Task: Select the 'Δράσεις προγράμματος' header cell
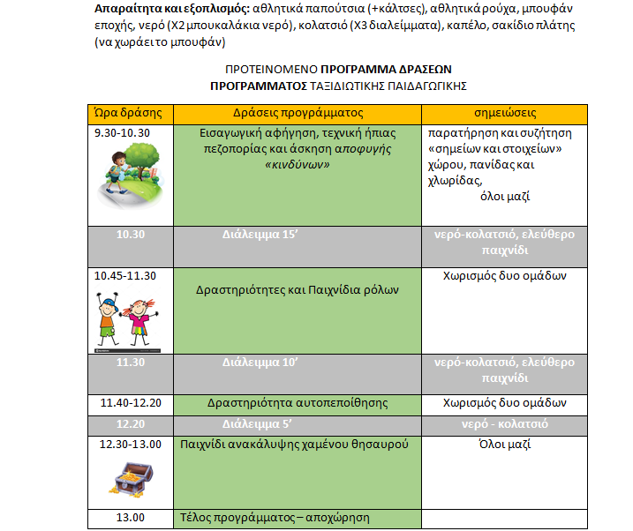[x=298, y=114]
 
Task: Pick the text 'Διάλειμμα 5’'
[x=258, y=424]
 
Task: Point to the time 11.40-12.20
[x=132, y=403]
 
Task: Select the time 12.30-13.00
[x=132, y=444]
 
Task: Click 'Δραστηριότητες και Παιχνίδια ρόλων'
[x=298, y=289]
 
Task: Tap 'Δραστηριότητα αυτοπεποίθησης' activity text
[x=298, y=403]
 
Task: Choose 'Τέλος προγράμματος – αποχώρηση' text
[x=275, y=518]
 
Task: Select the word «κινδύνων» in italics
[x=297, y=164]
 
